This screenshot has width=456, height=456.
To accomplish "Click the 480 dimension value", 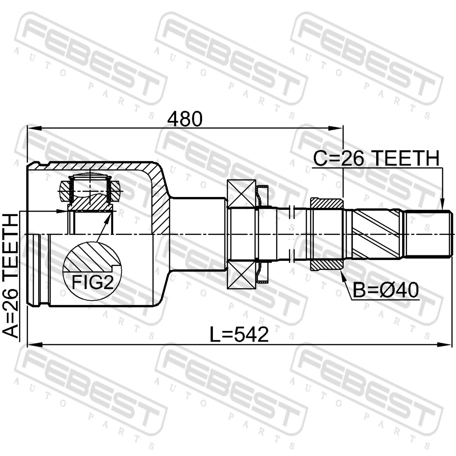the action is (186, 119).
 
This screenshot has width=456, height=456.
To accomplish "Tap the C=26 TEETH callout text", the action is (376, 159).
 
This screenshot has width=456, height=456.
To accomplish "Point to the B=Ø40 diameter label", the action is (386, 290).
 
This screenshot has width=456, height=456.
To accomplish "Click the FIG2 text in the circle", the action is (93, 282).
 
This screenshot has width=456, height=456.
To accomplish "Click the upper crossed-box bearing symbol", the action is (241, 194).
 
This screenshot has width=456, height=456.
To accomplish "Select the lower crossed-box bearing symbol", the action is (241, 275).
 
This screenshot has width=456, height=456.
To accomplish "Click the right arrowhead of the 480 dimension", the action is (337, 128).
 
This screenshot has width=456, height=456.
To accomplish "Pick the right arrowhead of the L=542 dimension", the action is (445, 345).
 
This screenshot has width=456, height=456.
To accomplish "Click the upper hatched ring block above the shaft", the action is (327, 203).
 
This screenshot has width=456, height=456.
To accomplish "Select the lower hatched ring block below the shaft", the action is (327, 264).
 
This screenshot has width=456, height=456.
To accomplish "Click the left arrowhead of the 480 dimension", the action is (34, 128).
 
